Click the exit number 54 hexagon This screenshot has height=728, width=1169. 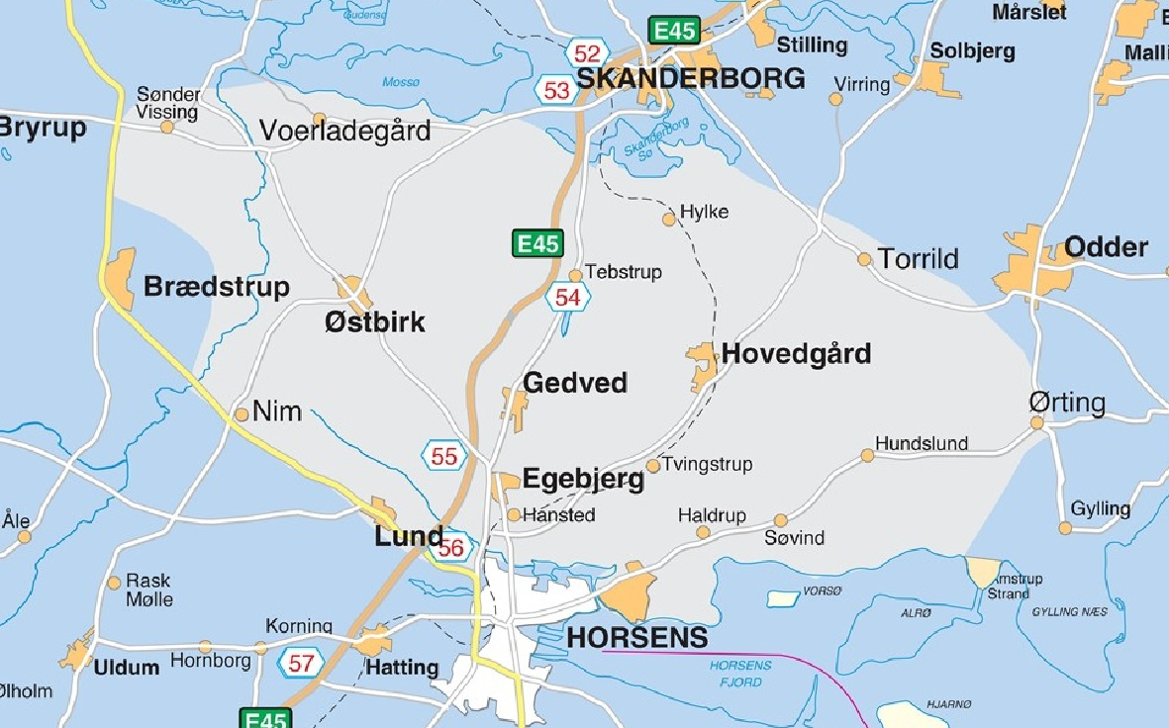point(567,297)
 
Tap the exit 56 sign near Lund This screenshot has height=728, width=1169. point(451,548)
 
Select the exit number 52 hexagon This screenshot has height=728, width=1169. point(587,53)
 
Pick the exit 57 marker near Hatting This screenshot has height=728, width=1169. point(301,662)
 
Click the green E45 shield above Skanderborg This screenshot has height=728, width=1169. point(674,31)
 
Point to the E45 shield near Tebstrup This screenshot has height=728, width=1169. point(537,243)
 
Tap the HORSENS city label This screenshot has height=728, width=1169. point(637,638)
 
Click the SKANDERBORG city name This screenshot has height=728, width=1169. point(691,79)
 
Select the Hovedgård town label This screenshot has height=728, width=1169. point(796,354)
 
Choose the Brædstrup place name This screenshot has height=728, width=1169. point(217,287)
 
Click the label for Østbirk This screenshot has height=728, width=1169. point(374,321)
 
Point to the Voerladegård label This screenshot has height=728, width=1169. point(344,131)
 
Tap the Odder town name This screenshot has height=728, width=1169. point(1106,247)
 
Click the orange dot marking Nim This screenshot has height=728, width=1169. point(242,413)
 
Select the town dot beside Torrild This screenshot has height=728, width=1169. point(864,259)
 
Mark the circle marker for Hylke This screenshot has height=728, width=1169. point(669,219)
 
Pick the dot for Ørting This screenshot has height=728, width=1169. point(1037,422)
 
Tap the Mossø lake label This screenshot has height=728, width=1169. point(401,82)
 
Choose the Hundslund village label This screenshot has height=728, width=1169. point(921,444)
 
